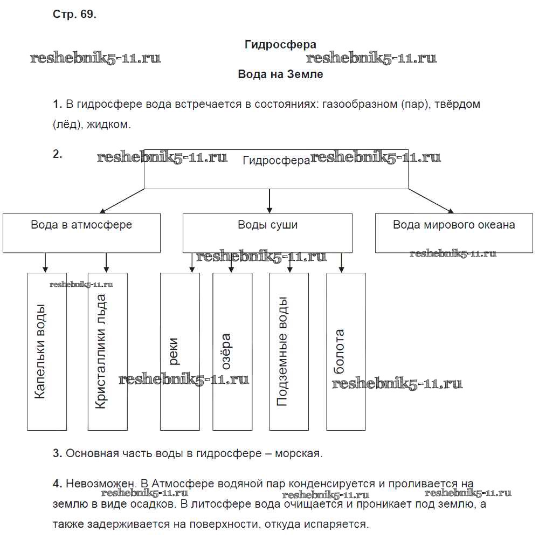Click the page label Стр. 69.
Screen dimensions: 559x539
coord(74,15)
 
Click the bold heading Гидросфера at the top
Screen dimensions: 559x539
coord(280,44)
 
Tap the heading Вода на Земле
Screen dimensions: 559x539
coord(280,74)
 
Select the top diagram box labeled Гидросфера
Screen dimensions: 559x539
coord(276,169)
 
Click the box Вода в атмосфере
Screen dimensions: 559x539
coord(81,233)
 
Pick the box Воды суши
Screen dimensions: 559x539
coord(267,233)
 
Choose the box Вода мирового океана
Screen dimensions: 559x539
coord(454,233)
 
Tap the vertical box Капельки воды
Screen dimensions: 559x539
coord(47,351)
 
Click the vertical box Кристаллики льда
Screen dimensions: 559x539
coord(107,351)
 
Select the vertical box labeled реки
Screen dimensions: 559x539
coord(180,351)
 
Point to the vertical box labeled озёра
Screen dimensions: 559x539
coord(232,351)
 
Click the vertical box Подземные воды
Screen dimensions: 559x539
coord(289,351)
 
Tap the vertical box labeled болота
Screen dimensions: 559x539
coord(346,351)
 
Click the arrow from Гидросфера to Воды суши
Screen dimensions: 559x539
coord(269,201)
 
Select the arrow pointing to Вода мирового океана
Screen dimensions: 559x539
coord(431,201)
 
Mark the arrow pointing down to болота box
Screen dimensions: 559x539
coord(341,263)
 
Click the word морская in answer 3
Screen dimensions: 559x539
coord(298,453)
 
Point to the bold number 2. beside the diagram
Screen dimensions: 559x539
coord(58,154)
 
